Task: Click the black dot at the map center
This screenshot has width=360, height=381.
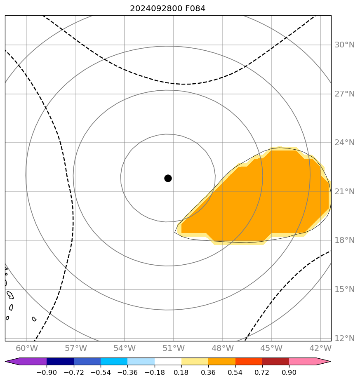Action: tap(168, 178)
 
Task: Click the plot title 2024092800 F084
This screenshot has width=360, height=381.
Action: tap(167, 8)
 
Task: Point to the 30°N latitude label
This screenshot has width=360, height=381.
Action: tap(344, 45)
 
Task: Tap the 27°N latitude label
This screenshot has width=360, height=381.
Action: tap(344, 94)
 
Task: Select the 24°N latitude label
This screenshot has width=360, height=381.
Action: tap(344, 143)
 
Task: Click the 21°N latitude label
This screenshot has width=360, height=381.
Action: tap(344, 192)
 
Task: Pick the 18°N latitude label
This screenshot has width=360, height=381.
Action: tap(344, 240)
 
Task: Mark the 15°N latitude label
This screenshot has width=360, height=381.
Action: tap(344, 289)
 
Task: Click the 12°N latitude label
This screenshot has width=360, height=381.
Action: tap(344, 339)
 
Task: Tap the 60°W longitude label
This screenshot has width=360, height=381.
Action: tap(27, 348)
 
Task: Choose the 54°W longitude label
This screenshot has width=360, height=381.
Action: tap(125, 348)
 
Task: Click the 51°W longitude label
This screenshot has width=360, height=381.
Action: tap(174, 348)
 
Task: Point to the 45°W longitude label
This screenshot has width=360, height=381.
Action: tap(271, 348)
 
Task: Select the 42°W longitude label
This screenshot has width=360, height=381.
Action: tap(320, 348)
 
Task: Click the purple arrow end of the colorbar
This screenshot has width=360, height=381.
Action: tap(12, 362)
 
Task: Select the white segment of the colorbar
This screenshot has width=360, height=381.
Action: tap(168, 362)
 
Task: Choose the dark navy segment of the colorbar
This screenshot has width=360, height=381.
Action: tap(60, 362)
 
